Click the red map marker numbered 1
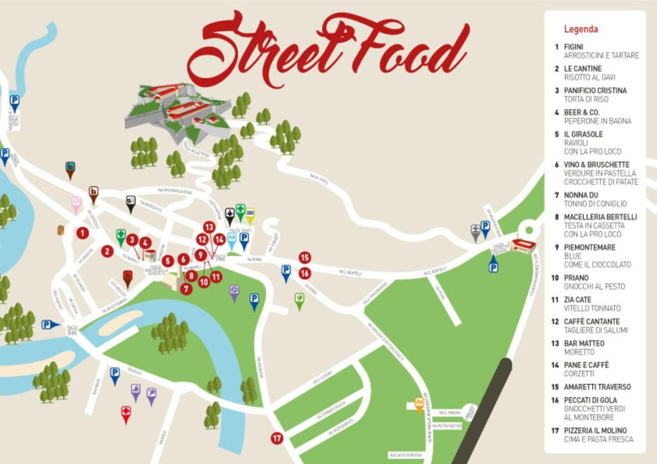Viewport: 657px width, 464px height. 82,233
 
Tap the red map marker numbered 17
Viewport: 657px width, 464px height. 277,439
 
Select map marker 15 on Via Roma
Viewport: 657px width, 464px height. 305,257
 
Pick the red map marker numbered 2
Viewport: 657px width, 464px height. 107,251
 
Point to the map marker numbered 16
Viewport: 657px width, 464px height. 305,273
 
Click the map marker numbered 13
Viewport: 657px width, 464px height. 209,227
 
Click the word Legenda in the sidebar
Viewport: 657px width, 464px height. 581,29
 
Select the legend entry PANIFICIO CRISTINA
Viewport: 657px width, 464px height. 595,90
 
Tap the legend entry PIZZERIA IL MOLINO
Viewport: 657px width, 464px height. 595,430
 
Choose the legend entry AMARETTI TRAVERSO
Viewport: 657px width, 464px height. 597,387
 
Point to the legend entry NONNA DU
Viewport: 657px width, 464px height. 581,195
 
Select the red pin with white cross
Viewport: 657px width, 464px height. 126,413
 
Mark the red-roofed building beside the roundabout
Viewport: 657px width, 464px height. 523,246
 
